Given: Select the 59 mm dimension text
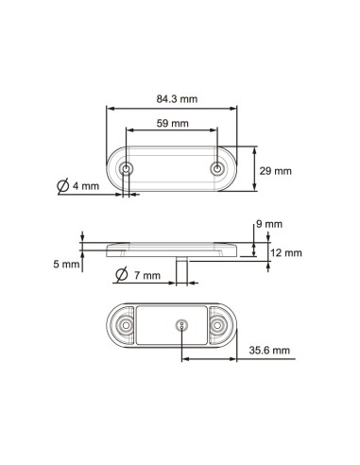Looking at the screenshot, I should click(172, 123).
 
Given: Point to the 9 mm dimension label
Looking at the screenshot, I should click(270, 224).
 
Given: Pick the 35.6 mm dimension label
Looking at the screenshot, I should click(270, 350).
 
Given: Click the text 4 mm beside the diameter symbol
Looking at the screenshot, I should click(85, 186).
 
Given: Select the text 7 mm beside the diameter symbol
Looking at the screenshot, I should click(146, 276).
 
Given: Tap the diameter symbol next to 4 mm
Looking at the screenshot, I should click(62, 186).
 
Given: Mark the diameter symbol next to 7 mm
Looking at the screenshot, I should click(122, 275).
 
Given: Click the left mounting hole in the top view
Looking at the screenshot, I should click(128, 170).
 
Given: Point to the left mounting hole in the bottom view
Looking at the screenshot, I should click(124, 326).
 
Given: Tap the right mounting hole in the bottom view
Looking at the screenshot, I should click(220, 326).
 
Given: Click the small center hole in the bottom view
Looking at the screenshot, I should click(181, 326).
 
